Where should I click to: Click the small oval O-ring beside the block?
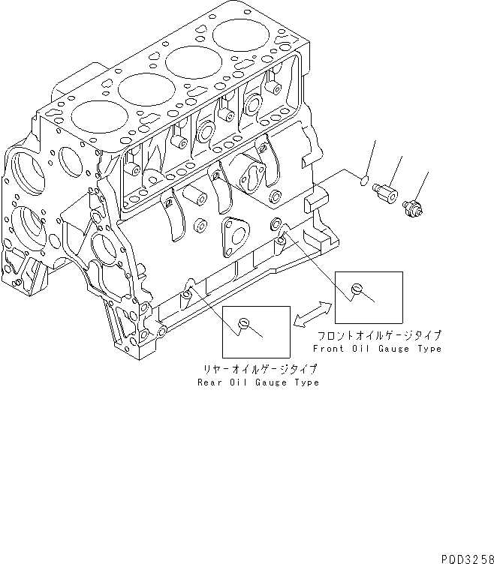(363, 180)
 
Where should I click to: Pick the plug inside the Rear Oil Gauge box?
(242, 323)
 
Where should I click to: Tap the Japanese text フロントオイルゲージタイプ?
(378, 335)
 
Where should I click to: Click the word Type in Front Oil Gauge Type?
(429, 349)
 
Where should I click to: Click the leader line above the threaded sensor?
(423, 185)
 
